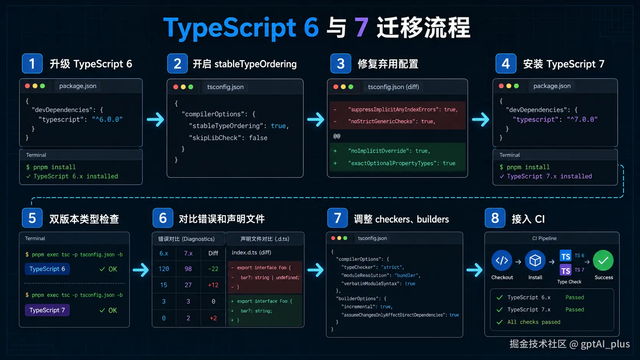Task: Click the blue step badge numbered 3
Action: pyautogui.click(x=341, y=64)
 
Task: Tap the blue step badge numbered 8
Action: pyautogui.click(x=495, y=218)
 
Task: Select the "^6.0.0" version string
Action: pyautogui.click(x=107, y=119)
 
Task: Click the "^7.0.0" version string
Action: pyautogui.click(x=582, y=119)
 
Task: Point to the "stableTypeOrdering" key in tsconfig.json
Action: pyautogui.click(x=226, y=126)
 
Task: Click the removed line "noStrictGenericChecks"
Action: pyautogui.click(x=392, y=121)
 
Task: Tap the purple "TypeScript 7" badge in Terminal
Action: pyautogui.click(x=47, y=310)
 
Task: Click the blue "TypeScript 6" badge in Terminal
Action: pyautogui.click(x=47, y=269)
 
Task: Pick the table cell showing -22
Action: pyautogui.click(x=213, y=269)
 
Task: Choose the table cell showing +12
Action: pyautogui.click(x=213, y=285)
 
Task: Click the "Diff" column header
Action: pyautogui.click(x=213, y=253)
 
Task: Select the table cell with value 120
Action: pyautogui.click(x=164, y=269)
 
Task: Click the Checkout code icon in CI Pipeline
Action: pyautogui.click(x=502, y=261)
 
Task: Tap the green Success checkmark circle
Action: pyautogui.click(x=603, y=261)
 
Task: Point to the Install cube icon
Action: pyautogui.click(x=535, y=261)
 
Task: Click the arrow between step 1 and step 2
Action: pyautogui.click(x=155, y=119)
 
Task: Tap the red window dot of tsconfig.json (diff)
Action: pyautogui.click(x=336, y=87)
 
